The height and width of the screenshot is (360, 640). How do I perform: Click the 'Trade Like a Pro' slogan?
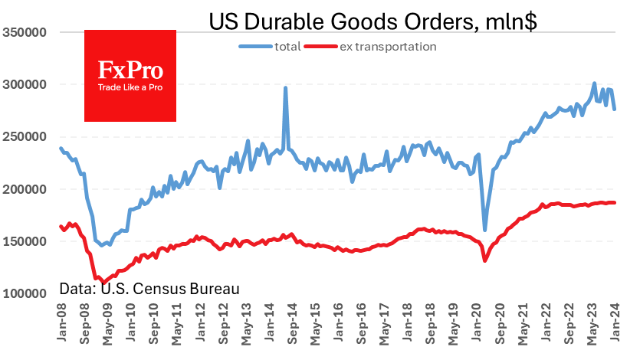[130, 87]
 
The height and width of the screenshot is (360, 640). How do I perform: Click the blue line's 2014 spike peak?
[285, 87]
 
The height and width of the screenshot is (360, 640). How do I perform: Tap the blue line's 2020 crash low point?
[484, 229]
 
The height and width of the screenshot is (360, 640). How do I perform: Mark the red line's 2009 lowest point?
[103, 283]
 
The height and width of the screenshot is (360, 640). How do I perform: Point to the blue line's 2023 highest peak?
[594, 83]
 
